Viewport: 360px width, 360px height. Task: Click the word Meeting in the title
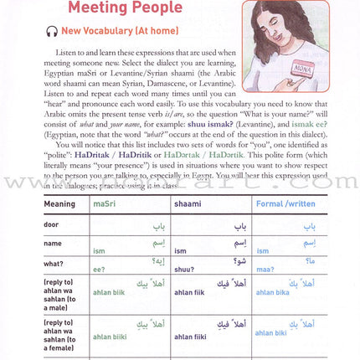99,8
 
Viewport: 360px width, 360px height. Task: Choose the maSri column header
105,203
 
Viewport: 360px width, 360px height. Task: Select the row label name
52,244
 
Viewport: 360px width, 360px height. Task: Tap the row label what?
54,266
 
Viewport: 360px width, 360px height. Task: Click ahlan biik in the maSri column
107,294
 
